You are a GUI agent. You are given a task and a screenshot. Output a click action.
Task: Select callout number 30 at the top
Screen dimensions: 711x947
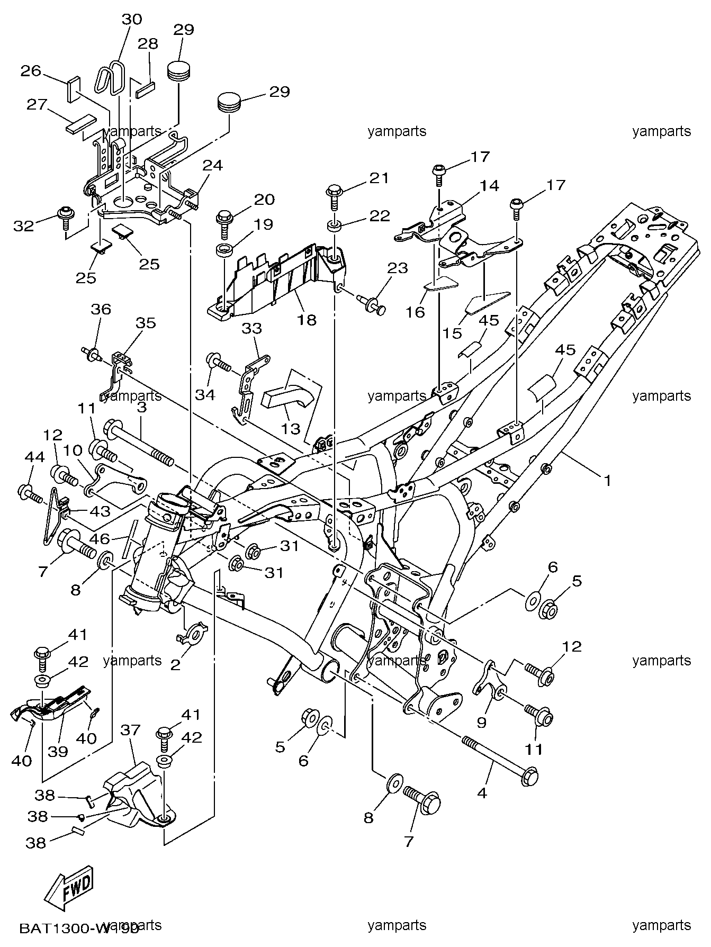click(132, 20)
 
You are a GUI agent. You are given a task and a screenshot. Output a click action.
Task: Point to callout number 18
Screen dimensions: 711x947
click(307, 320)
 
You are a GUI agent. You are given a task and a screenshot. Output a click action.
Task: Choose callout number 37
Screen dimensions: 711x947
click(130, 730)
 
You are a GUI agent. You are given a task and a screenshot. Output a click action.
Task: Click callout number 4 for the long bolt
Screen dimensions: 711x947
click(482, 793)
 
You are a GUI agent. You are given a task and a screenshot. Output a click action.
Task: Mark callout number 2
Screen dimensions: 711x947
click(175, 664)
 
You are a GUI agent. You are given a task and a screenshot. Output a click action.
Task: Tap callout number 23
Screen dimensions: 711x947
click(397, 268)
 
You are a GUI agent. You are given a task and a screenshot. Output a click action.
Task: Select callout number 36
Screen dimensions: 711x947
click(101, 309)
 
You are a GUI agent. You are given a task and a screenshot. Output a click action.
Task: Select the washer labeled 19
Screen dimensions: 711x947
click(225, 249)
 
